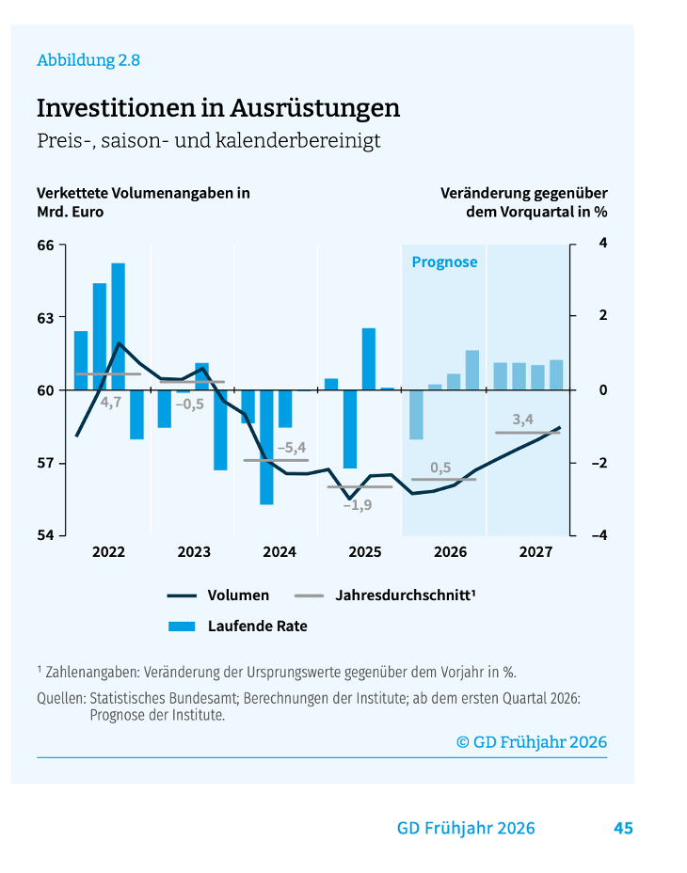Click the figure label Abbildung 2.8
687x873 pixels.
point(88,60)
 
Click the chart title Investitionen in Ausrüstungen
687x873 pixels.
point(218,108)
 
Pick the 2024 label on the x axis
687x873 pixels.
point(280,552)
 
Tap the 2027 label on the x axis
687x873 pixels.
point(535,552)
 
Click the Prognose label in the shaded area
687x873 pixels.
point(444,262)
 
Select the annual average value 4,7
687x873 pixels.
point(111,402)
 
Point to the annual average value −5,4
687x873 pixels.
point(291,447)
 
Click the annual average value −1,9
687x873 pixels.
point(357,505)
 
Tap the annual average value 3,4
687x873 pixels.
point(523,419)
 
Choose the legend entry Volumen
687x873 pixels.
point(238,595)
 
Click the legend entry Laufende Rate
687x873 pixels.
point(257,626)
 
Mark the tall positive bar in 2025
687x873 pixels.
point(369,358)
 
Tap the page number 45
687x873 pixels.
point(623,828)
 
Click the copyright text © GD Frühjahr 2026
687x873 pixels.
point(532,741)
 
